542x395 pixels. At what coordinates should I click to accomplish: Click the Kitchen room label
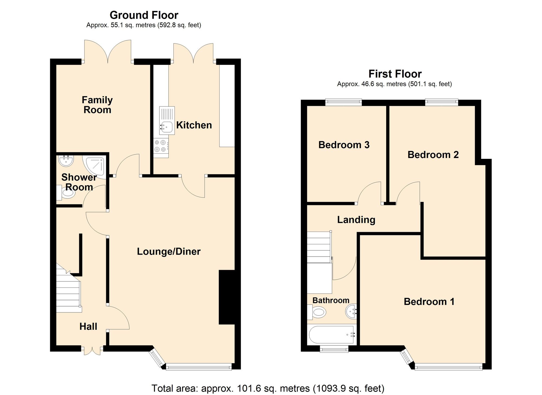coord(194,125)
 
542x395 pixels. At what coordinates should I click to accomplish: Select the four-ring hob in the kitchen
coord(160,146)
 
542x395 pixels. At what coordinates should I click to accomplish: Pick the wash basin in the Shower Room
coord(66,161)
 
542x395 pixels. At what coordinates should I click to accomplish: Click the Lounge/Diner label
coord(169,251)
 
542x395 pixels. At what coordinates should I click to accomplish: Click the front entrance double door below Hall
coord(92,350)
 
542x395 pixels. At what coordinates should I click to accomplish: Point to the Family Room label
coord(97,105)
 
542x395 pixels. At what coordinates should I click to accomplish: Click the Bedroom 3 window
coord(343,102)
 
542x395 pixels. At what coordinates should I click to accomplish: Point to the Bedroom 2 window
coord(441,102)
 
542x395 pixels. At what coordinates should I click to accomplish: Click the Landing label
coord(356,220)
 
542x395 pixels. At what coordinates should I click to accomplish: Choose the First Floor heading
coord(395,74)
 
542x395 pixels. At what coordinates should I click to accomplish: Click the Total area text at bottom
coord(268,388)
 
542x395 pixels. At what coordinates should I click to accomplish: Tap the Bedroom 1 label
coord(429,302)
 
